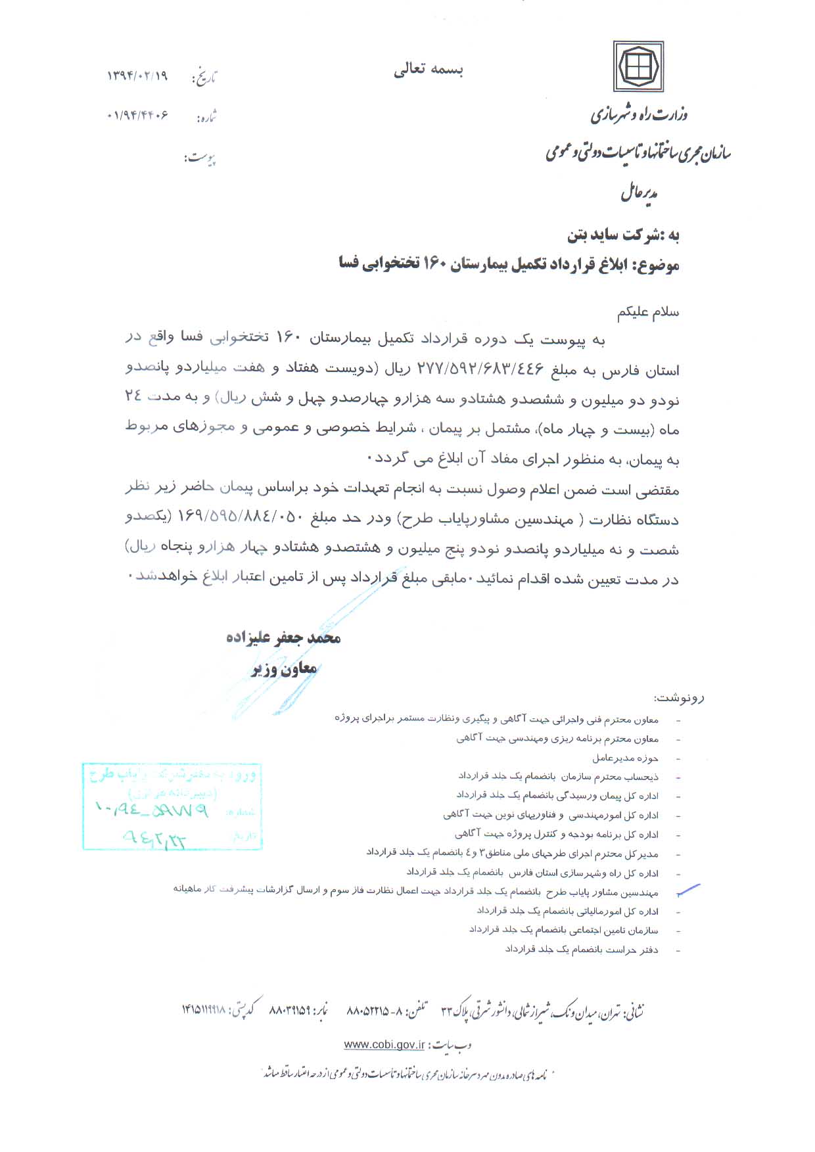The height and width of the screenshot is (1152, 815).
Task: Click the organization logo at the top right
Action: tap(638, 66)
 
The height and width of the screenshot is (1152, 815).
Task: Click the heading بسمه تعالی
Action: tap(429, 70)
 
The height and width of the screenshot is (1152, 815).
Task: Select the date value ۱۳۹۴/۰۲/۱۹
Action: tap(137, 76)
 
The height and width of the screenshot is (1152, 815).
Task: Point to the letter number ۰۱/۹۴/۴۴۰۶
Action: tap(137, 116)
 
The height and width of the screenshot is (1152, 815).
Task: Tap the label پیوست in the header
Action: tap(200, 158)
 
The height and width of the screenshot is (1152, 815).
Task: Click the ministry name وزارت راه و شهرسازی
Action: tap(639, 115)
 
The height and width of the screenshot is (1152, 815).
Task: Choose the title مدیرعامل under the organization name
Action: tap(640, 193)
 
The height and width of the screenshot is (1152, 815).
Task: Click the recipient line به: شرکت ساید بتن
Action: tap(623, 235)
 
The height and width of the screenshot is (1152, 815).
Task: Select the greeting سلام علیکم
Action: tap(647, 313)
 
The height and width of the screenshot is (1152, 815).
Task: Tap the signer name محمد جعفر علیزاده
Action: tap(283, 638)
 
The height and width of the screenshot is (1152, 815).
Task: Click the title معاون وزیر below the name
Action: tap(285, 669)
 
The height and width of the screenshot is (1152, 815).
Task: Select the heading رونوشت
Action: tap(678, 697)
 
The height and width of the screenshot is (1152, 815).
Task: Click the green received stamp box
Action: tap(172, 806)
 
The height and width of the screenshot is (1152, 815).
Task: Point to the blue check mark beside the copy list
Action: tap(688, 890)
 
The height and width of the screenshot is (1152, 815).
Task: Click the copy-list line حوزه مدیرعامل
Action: tap(625, 758)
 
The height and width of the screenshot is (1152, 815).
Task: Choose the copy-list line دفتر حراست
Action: tap(582, 950)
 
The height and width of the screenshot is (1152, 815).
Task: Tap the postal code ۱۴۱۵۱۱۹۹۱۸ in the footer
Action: tap(204, 1009)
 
